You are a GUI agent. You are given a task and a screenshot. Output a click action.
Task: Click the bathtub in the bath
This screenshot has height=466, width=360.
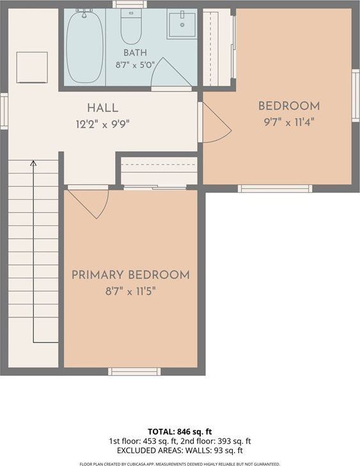(84, 46)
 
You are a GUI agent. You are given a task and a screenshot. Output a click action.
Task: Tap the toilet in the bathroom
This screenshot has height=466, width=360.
(130, 27)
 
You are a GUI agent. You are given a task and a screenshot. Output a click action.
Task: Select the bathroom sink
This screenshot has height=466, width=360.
(182, 24)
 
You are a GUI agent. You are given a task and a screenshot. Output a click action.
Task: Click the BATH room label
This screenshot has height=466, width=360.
(135, 52)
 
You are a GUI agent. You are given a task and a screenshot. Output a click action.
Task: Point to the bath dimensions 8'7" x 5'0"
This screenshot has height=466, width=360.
(135, 65)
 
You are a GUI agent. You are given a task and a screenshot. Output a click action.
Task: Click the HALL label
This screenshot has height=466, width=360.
(103, 108)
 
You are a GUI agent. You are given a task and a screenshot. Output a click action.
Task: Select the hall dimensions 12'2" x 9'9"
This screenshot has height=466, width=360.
(103, 124)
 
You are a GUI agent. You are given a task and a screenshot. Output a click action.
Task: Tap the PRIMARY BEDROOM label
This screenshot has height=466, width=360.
(130, 275)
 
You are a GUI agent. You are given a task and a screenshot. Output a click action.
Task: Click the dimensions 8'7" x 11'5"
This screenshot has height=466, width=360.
(130, 291)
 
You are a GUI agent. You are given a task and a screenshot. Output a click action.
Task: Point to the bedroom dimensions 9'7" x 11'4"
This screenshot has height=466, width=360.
(289, 122)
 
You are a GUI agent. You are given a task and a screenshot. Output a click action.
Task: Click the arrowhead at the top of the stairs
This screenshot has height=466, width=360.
(33, 163)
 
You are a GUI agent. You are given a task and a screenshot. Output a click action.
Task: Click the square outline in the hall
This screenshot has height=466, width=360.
(32, 67)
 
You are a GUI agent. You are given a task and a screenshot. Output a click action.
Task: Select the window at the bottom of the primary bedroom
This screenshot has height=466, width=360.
(134, 371)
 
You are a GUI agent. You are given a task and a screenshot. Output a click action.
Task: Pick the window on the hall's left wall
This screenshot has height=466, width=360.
(4, 111)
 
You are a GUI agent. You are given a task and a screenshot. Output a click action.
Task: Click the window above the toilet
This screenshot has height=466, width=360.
(130, 4)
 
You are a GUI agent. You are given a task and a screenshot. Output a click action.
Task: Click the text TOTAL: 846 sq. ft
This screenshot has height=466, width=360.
(180, 431)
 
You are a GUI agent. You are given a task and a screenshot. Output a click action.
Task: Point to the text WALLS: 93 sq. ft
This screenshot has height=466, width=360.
(214, 451)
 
